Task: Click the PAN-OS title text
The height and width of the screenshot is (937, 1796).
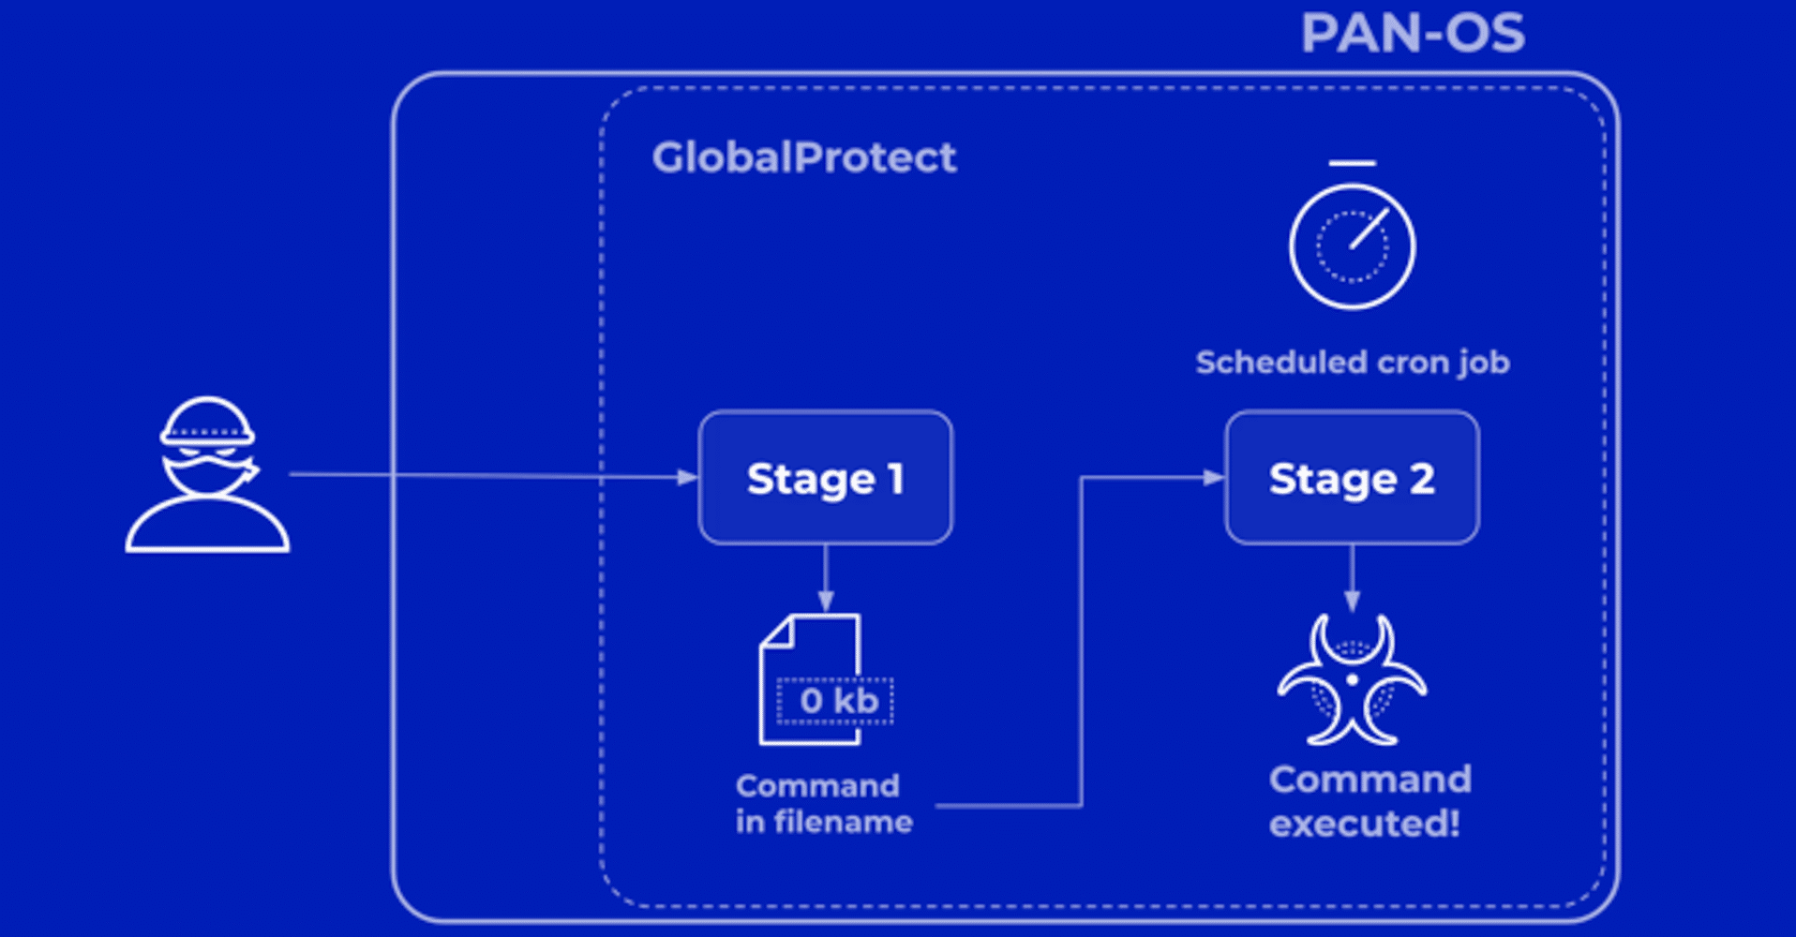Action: coord(1413,34)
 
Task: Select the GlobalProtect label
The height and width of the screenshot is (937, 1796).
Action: coord(804,157)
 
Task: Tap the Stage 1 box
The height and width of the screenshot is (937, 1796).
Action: coord(825,478)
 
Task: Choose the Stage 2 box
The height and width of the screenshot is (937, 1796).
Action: coord(1352,478)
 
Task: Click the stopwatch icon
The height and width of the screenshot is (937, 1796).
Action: coord(1352,245)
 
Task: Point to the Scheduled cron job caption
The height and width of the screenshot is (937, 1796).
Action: coord(1352,363)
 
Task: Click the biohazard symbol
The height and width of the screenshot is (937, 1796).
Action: coord(1352,679)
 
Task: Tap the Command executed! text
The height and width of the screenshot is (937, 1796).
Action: coord(1369,801)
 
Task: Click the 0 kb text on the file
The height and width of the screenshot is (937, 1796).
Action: coord(838,701)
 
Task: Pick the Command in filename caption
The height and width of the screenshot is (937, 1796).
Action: coord(823,804)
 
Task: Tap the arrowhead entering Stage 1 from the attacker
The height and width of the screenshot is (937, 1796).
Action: coord(688,478)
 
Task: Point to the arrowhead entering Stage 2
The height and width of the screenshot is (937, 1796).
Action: coord(1214,478)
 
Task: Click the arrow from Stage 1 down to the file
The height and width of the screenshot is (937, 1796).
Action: coord(825,577)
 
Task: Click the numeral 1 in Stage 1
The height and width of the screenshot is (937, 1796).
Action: coord(896,479)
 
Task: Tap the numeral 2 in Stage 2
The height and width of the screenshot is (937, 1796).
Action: coord(1421,479)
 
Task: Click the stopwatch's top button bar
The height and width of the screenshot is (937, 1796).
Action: coord(1352,164)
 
